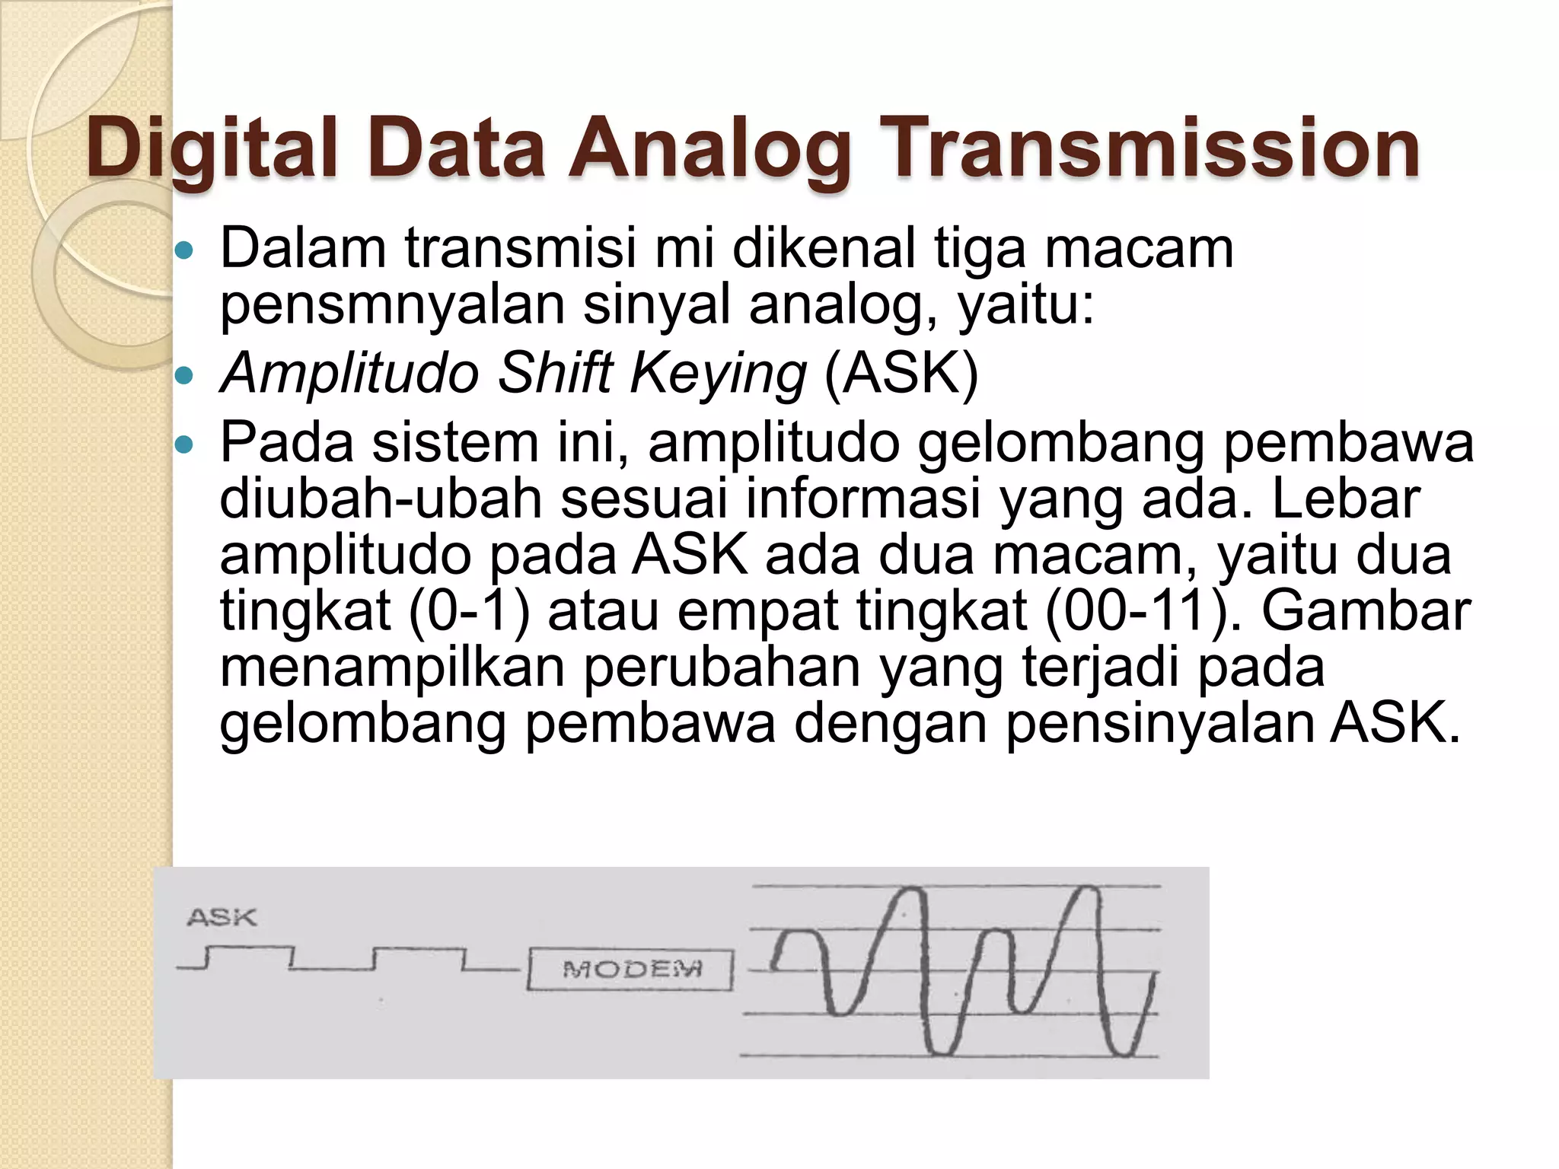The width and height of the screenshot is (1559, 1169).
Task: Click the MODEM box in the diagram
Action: point(631,969)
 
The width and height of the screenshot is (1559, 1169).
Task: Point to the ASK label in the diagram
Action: point(222,917)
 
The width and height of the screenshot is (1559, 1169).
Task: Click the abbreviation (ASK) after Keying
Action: point(901,374)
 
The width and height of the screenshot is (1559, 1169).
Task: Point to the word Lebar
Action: point(1345,498)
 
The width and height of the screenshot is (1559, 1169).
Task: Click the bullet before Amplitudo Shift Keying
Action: point(185,374)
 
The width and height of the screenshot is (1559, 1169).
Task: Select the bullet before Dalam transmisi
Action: point(185,250)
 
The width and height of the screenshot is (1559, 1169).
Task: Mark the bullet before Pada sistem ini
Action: point(185,444)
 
